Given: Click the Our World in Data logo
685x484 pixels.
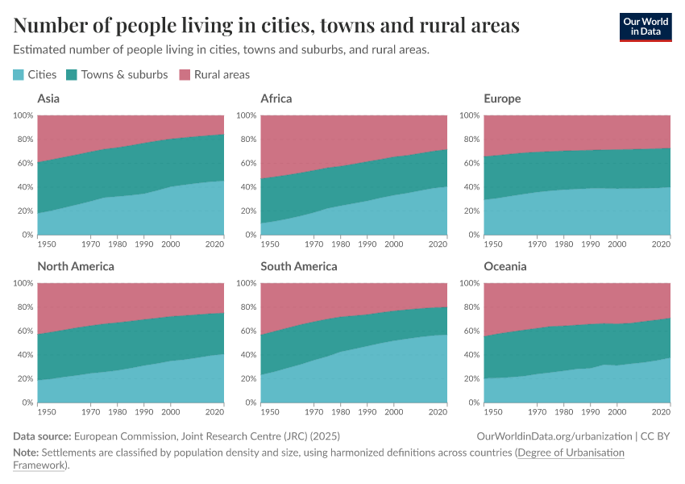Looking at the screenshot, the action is pos(646,27).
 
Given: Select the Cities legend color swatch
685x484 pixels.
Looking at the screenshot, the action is pos(19,75).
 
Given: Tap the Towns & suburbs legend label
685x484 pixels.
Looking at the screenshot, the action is pos(124,75).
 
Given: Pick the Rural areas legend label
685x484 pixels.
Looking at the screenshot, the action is pos(222,75).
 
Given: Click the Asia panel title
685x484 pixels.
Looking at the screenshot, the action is pos(48,98).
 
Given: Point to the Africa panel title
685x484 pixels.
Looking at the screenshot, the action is pos(276,98).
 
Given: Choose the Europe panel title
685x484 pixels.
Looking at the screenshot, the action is pos(502,98).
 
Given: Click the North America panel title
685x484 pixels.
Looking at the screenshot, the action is pos(76,266).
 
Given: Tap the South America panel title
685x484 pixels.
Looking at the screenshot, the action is pos(299,266).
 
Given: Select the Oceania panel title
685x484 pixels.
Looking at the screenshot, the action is pos(505,266).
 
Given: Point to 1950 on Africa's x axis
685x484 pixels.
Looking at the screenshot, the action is pos(270,244).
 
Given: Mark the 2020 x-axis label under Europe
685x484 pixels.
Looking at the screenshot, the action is pos(661,244).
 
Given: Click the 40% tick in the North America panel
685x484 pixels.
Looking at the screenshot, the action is pos(25,355).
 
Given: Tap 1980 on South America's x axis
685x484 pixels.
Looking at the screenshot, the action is pos(340,412).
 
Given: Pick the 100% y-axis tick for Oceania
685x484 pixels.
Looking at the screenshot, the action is pos(470,283).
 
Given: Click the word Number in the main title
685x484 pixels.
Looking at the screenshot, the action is pos(50,25).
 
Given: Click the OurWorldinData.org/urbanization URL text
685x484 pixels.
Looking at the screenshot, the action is pos(554,436).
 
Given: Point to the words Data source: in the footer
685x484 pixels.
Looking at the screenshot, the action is pos(42,436).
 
